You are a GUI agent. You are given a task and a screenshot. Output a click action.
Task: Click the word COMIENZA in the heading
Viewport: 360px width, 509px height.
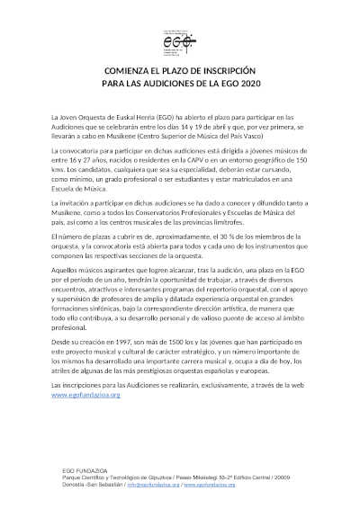coord(132,69)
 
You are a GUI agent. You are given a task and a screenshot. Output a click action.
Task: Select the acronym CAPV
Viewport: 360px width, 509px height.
coord(216,156)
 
